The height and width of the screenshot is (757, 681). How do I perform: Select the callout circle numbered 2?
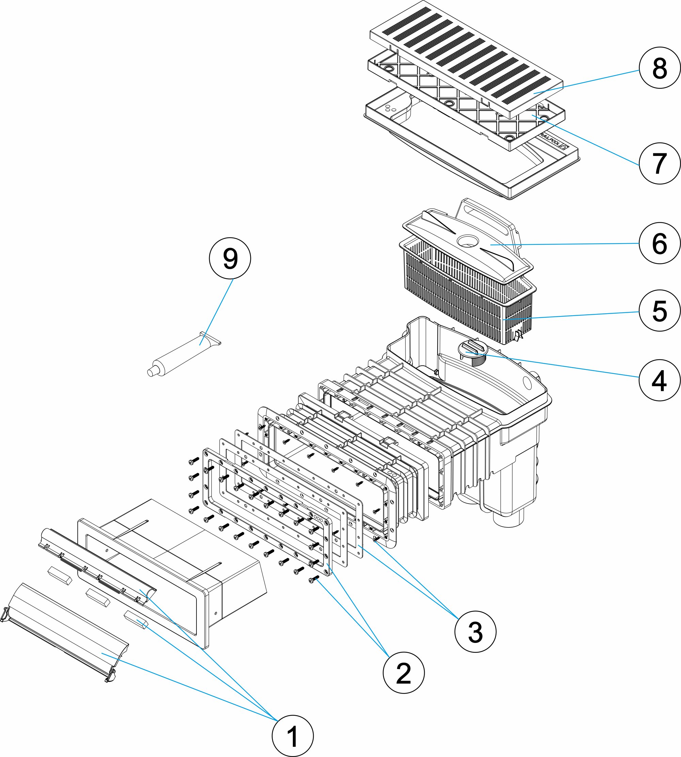pyautogui.click(x=404, y=673)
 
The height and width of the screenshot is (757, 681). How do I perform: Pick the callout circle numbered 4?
pyautogui.click(x=659, y=380)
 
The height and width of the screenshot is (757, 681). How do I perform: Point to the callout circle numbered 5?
pyautogui.click(x=659, y=311)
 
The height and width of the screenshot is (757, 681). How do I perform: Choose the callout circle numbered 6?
pyautogui.click(x=659, y=243)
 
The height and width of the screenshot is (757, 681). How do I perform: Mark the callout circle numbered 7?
pyautogui.click(x=659, y=163)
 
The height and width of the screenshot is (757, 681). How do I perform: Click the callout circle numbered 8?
pyautogui.click(x=659, y=68)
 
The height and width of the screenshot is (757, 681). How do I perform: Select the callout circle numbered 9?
pyautogui.click(x=230, y=258)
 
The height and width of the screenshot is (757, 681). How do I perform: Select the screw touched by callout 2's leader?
pyautogui.click(x=313, y=580)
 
